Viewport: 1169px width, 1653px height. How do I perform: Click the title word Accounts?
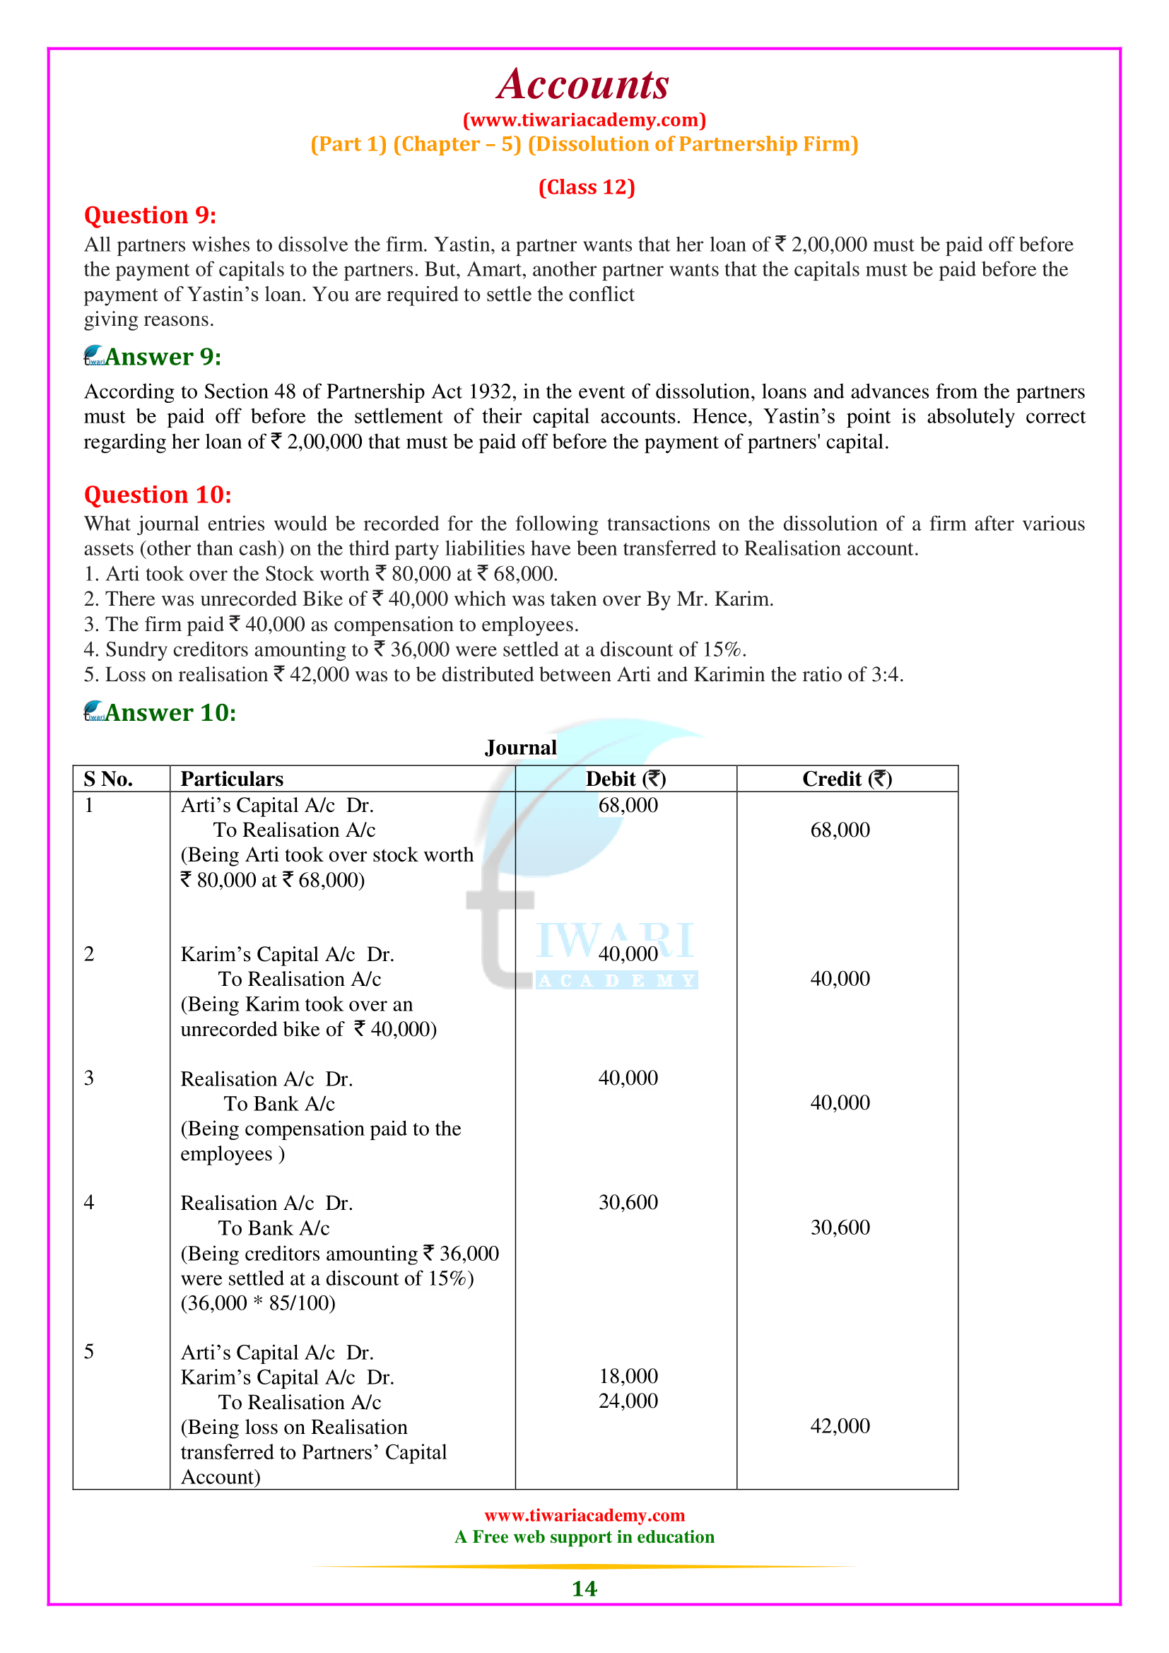coord(583,85)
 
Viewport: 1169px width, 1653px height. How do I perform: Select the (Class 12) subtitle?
coord(587,187)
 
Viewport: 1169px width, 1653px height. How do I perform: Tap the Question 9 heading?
coord(150,216)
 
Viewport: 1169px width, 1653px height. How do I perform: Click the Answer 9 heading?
coord(163,357)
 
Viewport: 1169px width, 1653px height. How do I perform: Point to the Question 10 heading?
coord(158,495)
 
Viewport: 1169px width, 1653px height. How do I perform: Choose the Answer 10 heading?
coord(170,713)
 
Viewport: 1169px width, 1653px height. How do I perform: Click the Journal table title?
coord(520,747)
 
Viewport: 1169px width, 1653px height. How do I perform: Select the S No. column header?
coord(108,779)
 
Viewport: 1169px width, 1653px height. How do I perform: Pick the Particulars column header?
coord(232,779)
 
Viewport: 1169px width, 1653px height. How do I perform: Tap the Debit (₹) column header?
coord(625,779)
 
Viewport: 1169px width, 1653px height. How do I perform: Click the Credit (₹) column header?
coord(847,779)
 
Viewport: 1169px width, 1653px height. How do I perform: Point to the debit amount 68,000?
coord(628,805)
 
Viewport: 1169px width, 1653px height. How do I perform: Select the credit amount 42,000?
coord(840,1425)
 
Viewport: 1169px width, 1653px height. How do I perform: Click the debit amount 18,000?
coord(628,1376)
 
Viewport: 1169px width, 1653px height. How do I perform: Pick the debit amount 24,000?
coord(628,1401)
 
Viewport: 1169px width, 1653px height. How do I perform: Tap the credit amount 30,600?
coord(840,1227)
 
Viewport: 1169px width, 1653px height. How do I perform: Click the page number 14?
coord(584,1589)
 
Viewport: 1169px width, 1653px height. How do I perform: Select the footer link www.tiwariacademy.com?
coord(584,1515)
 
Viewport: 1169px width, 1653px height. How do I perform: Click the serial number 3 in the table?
coord(89,1078)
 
